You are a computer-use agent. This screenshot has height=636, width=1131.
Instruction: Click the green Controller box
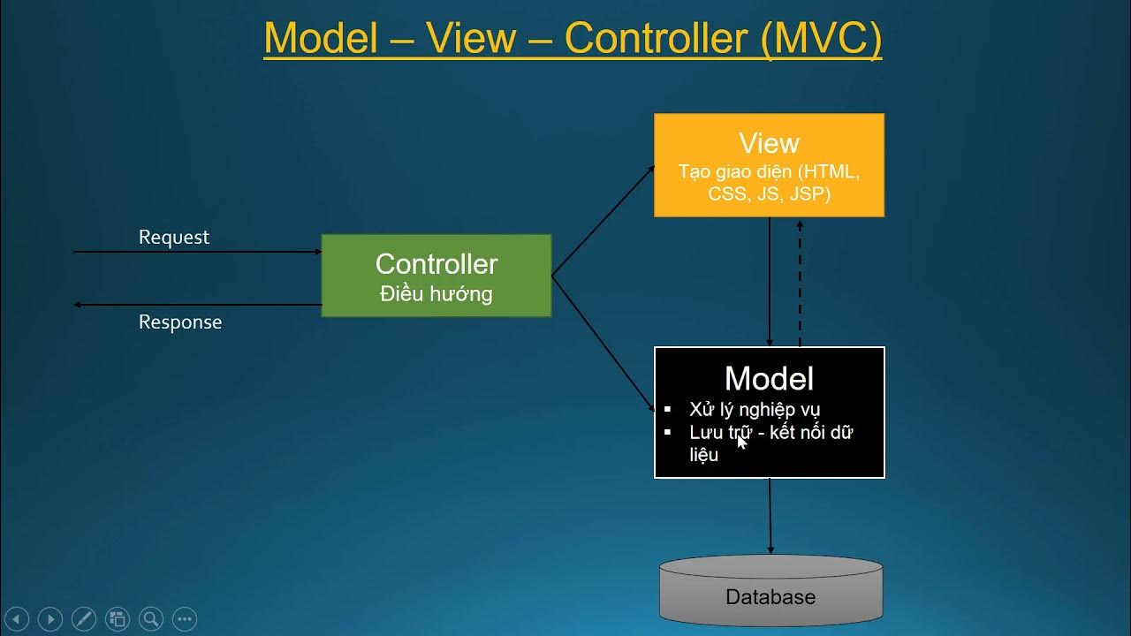tap(436, 276)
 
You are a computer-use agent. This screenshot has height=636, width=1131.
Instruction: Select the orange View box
tap(769, 165)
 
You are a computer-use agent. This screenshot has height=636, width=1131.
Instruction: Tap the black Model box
tap(769, 413)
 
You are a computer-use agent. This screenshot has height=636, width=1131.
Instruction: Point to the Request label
tap(174, 238)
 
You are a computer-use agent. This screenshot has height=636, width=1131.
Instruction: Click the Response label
tap(180, 322)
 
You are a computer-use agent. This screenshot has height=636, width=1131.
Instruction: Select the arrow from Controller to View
tap(603, 220)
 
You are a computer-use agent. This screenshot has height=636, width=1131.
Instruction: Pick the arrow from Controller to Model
tap(603, 340)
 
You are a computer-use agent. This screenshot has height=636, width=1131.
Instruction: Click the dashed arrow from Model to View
tap(800, 283)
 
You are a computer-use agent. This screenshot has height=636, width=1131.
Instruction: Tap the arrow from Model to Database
tap(770, 517)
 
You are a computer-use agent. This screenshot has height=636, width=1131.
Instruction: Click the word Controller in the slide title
tap(657, 39)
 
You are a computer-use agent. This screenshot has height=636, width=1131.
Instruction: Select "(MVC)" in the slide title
tap(821, 39)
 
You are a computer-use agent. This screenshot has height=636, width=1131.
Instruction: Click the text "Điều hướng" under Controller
tap(436, 294)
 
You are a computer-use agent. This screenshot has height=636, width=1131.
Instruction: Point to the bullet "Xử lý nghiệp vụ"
tap(755, 409)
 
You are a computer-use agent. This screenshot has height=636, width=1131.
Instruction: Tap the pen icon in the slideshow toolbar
tap(84, 619)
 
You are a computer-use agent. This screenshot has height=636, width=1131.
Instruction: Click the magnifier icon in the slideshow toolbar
tap(151, 619)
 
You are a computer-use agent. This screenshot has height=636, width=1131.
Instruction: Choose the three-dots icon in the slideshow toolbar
tap(185, 619)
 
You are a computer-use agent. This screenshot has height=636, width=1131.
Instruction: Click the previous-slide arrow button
tap(17, 619)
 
